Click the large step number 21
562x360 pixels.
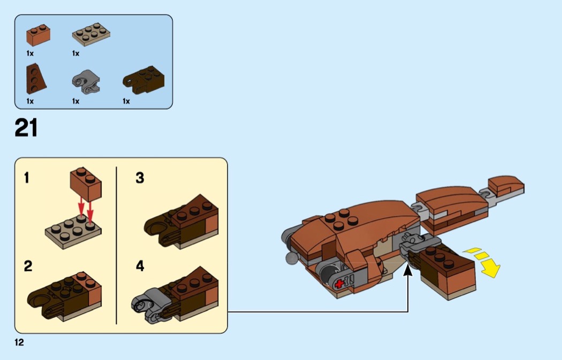(x=26, y=129)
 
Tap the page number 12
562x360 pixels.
(x=19, y=342)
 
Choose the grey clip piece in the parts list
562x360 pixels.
(x=85, y=82)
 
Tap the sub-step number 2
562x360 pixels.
(x=28, y=266)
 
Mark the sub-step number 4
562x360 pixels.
(x=140, y=266)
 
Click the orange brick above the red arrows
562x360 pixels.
(x=86, y=182)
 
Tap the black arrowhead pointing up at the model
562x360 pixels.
(x=408, y=271)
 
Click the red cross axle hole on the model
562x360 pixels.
(x=339, y=284)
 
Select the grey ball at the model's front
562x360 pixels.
(x=291, y=258)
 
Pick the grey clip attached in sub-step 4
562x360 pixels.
(x=147, y=303)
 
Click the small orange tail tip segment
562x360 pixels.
(x=506, y=185)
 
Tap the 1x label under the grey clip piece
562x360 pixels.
(x=75, y=101)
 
